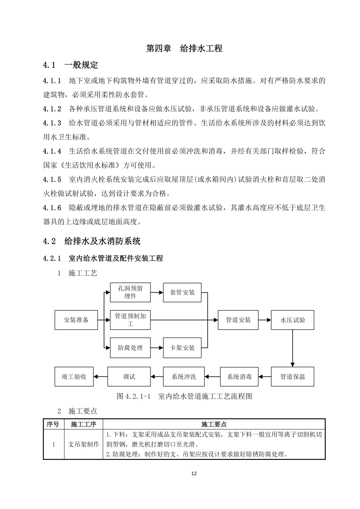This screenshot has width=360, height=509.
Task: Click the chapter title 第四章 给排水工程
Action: coord(184,48)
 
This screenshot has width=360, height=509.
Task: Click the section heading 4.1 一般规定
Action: coord(70,65)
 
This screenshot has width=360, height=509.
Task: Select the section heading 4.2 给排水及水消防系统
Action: coord(92,241)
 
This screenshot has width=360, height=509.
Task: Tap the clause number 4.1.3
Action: coord(52,123)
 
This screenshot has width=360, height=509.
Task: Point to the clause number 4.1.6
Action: coord(52,208)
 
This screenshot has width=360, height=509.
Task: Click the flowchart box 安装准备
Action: coord(76,320)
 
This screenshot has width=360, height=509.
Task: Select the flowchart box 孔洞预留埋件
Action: coord(130,292)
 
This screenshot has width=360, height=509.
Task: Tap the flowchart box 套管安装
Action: coord(182,292)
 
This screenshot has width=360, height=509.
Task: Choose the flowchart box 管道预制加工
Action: coord(130,320)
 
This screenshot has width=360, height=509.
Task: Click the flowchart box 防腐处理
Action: coord(130,348)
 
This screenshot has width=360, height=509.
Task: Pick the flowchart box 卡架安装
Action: coord(182,348)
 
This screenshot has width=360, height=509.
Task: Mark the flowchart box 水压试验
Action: coord(292,320)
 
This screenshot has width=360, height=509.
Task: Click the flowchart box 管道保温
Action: coord(292,377)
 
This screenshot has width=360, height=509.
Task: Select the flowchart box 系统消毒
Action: coord(239,377)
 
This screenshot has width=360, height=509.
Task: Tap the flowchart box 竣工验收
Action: coord(74,377)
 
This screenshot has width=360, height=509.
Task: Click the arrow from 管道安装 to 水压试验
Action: coord(265,320)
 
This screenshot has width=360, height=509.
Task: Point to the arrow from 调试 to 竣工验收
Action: coord(100,377)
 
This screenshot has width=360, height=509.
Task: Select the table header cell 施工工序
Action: coord(83,424)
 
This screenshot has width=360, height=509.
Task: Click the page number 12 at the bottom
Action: coord(194,474)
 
